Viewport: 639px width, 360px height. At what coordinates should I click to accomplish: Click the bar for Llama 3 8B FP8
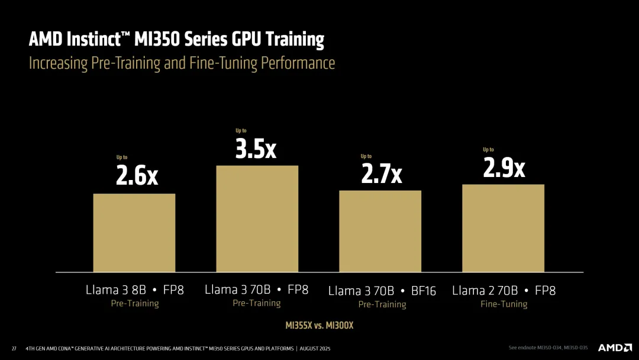click(134, 233)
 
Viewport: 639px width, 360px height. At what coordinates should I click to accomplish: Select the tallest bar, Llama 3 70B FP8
click(257, 218)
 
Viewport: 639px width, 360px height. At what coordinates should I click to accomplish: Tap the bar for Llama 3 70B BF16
click(380, 231)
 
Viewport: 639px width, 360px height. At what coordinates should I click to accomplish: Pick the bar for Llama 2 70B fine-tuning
click(503, 228)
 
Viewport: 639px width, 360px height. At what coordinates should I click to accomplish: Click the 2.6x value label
click(137, 176)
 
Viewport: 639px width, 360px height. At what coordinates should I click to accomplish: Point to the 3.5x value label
click(256, 149)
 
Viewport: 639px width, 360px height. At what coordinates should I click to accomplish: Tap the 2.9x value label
click(504, 168)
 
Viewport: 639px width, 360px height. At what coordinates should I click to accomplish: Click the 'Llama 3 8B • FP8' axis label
click(135, 290)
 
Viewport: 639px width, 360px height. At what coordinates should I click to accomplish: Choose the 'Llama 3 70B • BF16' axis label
click(382, 291)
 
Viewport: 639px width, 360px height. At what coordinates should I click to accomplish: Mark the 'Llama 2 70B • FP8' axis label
click(504, 290)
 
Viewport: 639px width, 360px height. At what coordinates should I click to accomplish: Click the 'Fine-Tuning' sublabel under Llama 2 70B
click(504, 304)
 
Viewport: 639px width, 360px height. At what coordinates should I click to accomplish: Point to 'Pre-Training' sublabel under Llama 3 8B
click(135, 303)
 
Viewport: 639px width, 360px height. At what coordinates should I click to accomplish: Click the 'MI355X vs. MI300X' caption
click(319, 325)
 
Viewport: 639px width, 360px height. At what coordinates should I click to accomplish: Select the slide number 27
click(14, 348)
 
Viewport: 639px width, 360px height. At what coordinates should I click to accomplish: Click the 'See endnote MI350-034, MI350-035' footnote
click(549, 348)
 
